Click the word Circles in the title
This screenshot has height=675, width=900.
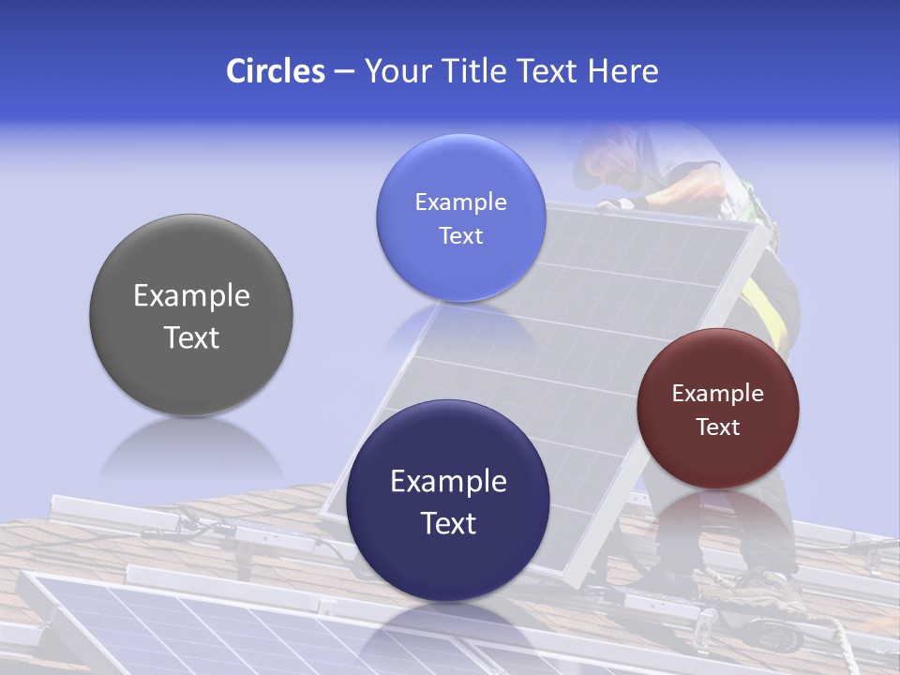tap(276, 71)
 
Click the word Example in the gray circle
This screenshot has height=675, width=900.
tap(191, 296)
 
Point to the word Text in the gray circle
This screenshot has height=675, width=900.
tap(191, 337)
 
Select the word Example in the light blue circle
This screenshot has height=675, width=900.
tap(460, 202)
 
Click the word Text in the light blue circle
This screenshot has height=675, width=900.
tap(460, 236)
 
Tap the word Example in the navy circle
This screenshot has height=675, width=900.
tap(448, 482)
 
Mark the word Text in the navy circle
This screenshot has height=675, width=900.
tap(448, 523)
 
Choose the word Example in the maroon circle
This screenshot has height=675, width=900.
tap(718, 394)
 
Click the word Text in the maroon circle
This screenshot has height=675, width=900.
tap(718, 427)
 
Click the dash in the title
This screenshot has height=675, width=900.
tap(343, 72)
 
